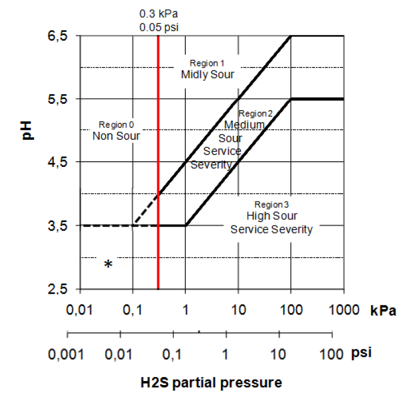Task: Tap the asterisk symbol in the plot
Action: [x=108, y=264]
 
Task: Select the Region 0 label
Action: [x=116, y=124]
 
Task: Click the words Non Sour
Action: [x=116, y=136]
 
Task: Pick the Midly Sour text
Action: [x=207, y=74]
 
